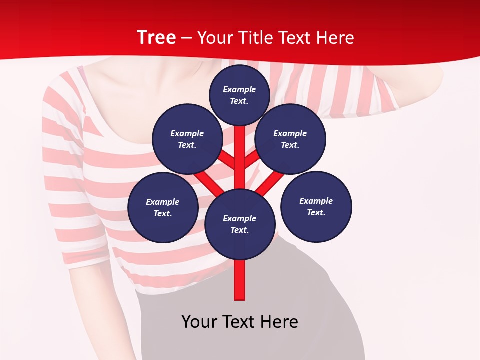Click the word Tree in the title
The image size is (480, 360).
[x=156, y=37]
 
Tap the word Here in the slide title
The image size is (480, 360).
[x=335, y=37]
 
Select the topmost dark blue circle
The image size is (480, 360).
[x=239, y=95]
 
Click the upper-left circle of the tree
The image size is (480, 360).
[x=187, y=139]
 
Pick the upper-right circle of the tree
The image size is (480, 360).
[x=290, y=139]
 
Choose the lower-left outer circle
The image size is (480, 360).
[x=163, y=207]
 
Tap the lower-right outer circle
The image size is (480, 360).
[x=316, y=206]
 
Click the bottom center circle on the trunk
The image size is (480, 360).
[x=240, y=224]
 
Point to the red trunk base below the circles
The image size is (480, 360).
[x=240, y=280]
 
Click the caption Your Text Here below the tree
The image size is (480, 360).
[x=240, y=321]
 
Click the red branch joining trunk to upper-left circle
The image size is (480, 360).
[x=227, y=160]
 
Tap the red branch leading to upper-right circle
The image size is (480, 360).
[x=252, y=159]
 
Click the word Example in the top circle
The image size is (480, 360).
[x=239, y=89]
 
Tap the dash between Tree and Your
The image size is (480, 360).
[x=186, y=37]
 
